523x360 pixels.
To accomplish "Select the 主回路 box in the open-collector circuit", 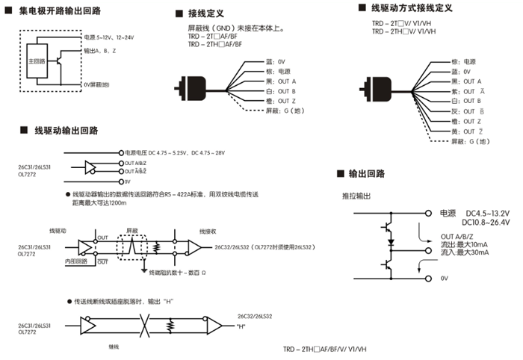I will click(x=36, y=59).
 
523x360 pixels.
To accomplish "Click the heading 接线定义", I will click(x=207, y=13).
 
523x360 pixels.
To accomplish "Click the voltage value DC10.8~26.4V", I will click(x=486, y=222).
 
